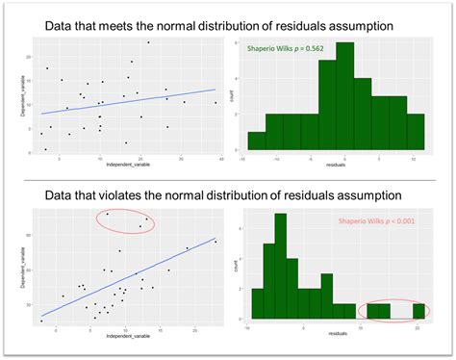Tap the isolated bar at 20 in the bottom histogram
(x=419, y=311)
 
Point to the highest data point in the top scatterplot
(x=148, y=42)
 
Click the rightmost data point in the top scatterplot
(x=215, y=102)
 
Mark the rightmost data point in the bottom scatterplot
(x=215, y=242)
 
